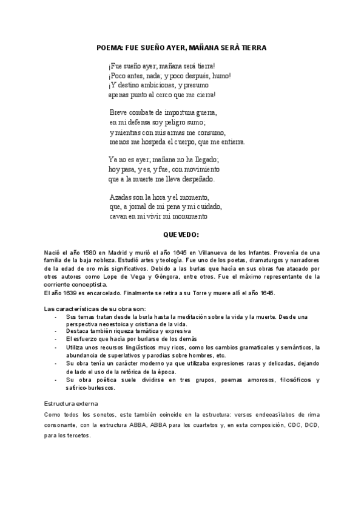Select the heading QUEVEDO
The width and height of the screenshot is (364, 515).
click(181, 234)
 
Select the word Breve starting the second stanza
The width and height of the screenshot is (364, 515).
click(120, 112)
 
